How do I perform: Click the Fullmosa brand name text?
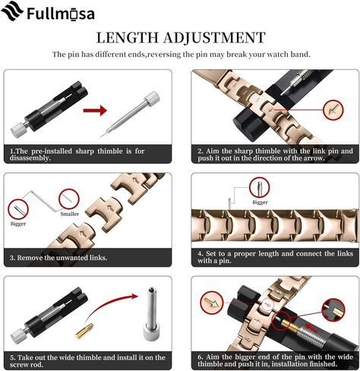coord(61,14)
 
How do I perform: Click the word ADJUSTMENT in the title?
coord(214,37)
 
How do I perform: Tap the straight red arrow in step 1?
coord(95,110)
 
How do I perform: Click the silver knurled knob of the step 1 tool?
coord(17,129)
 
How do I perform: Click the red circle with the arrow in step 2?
coord(333,110)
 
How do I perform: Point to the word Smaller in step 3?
coord(70,214)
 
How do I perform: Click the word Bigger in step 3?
coord(18,224)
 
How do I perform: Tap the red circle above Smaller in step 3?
coord(69,199)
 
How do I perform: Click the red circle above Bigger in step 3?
coord(18,209)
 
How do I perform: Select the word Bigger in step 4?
coord(260,202)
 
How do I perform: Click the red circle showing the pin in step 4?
coord(259,187)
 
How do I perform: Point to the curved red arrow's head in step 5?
coord(134,296)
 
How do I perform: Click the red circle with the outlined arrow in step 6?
coord(212,303)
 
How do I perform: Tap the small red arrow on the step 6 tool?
coord(312,328)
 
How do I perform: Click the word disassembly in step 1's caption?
coord(30,158)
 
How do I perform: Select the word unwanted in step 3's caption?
coord(72,258)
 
